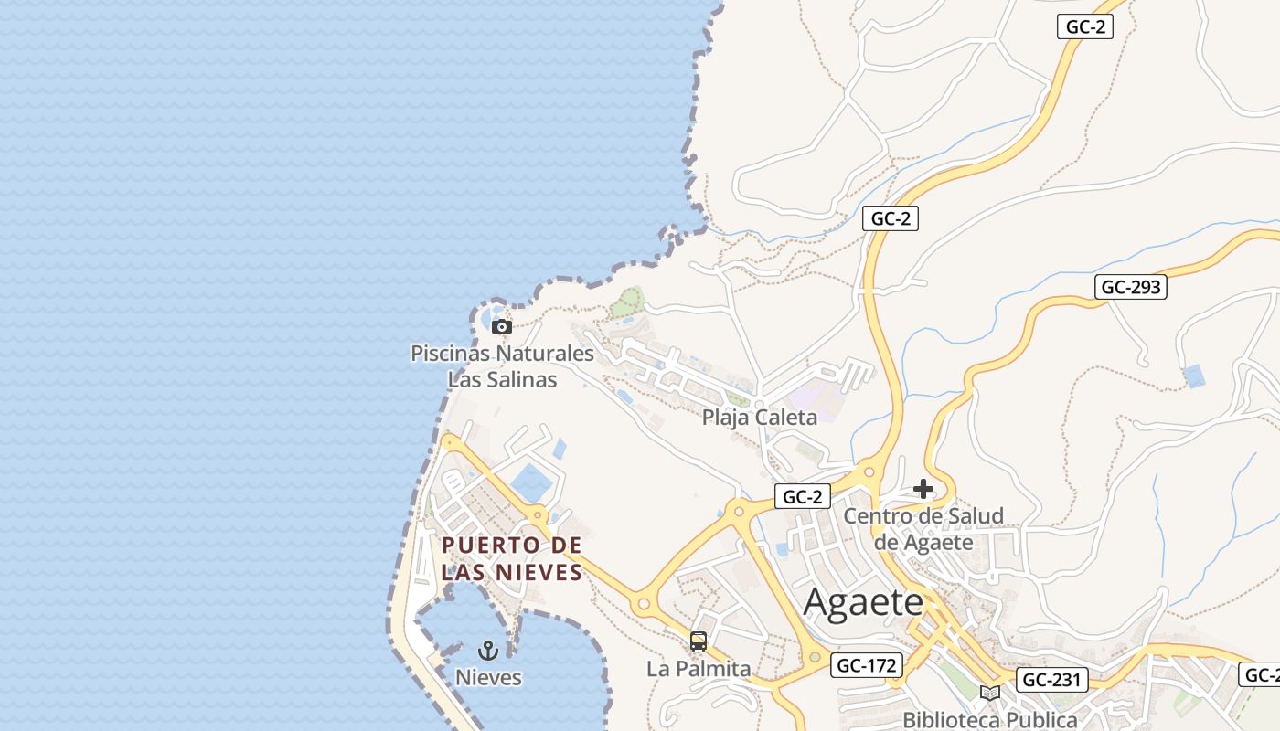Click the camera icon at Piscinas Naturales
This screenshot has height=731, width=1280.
point(501,326)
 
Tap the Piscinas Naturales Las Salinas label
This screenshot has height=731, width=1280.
point(502,365)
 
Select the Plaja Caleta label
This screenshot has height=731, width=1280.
point(759,418)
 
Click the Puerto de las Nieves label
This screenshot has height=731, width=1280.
point(512,558)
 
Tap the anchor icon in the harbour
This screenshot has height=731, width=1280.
point(488,651)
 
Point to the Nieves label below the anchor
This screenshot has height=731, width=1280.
point(488,677)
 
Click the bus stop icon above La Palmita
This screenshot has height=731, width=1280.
point(699,641)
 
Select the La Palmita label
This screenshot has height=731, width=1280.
point(699,669)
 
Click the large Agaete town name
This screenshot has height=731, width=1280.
point(863,602)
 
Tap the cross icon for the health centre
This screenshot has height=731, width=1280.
point(923,489)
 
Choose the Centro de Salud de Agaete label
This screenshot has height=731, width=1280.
point(923,528)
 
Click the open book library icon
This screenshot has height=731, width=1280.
point(989,693)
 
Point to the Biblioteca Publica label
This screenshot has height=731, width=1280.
point(989,719)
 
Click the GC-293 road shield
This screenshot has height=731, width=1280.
point(1131,287)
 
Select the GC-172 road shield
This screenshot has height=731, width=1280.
point(867,665)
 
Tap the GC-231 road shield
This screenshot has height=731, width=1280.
point(1051,680)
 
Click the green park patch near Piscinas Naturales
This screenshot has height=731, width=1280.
point(628,302)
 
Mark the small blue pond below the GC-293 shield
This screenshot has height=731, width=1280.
point(1193,376)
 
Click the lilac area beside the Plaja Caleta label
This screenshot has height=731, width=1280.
point(808,402)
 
